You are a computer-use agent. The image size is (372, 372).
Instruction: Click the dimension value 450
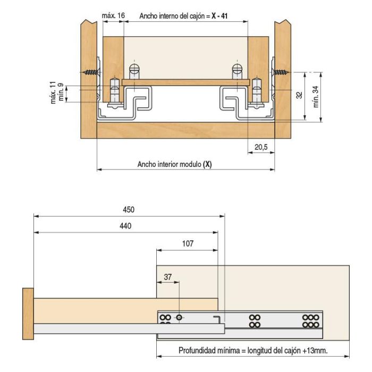coord(128,209)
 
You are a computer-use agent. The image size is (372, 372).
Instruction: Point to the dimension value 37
coord(168,277)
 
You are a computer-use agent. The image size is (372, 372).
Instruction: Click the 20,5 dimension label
coord(260,147)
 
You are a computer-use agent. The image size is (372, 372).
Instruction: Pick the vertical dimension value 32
coord(299,95)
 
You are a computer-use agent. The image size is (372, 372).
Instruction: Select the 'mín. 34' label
coord(316,95)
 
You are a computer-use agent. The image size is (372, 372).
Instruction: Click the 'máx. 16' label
coord(113,16)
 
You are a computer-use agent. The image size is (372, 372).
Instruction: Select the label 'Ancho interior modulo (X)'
coord(174,164)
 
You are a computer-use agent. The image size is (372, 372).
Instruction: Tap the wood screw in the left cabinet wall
coord(91,72)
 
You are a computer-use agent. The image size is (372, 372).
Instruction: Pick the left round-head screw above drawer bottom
coord(134,70)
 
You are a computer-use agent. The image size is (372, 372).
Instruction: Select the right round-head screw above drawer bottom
coord(236,70)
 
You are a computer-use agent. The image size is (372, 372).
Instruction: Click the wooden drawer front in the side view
coord(28,314)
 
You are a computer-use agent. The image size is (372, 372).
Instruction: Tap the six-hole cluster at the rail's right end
coord(309,320)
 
